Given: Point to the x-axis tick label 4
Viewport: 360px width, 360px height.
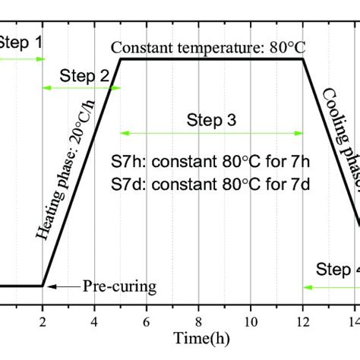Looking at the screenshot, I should (94, 320).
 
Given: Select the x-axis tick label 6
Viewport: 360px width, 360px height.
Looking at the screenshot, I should (147, 320).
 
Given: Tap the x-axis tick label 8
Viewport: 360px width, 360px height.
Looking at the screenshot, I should (198, 320).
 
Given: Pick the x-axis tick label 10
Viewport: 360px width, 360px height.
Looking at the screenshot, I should (251, 320).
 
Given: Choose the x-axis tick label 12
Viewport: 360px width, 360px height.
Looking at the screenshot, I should (303, 320).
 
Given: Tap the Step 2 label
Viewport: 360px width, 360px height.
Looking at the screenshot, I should (84, 76).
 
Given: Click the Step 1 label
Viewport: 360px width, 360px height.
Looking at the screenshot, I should (18, 43).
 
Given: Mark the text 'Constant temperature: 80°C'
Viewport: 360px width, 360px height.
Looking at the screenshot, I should (208, 47).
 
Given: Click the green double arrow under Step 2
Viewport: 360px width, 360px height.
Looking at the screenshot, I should (80, 89).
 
